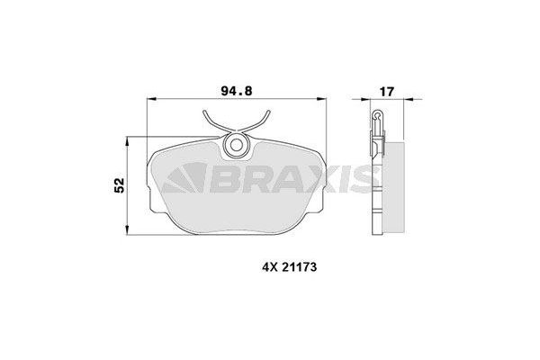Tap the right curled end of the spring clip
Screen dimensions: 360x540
pos(266,113)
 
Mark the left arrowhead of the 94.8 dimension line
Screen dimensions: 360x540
pos(150,100)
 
